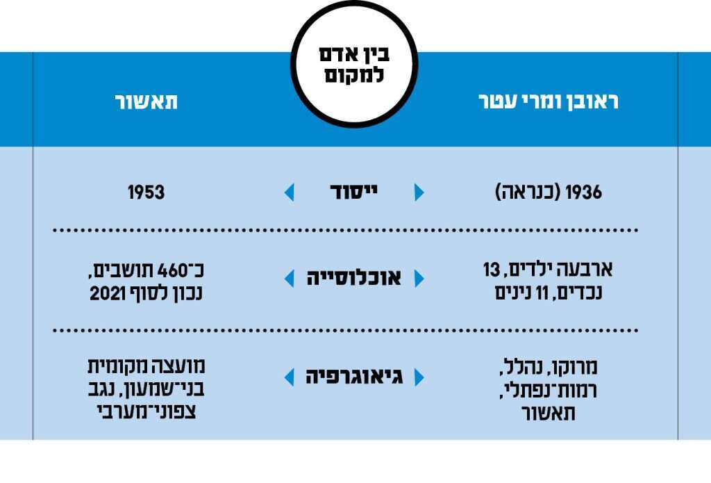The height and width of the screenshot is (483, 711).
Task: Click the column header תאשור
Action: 146,101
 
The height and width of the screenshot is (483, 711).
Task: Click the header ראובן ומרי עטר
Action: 549,101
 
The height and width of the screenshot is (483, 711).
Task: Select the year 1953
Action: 146,193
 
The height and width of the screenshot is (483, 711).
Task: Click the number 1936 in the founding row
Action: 584,193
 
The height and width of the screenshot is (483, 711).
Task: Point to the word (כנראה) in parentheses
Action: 528,193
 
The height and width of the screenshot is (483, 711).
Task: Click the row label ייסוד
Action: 354,193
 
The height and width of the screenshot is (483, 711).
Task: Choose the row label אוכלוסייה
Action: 354,279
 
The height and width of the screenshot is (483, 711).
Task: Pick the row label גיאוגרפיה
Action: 354,378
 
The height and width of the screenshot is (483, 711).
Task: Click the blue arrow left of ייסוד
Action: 290,193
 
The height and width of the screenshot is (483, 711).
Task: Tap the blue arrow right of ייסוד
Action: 419,193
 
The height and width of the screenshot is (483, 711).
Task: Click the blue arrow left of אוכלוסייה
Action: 290,279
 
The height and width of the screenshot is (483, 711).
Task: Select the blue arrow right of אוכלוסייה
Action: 419,279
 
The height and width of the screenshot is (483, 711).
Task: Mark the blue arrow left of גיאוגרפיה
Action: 290,378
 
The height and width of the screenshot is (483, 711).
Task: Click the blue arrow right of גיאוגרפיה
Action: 419,378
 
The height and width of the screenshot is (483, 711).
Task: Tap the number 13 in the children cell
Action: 492,269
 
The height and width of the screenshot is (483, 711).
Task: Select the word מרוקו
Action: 576,367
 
